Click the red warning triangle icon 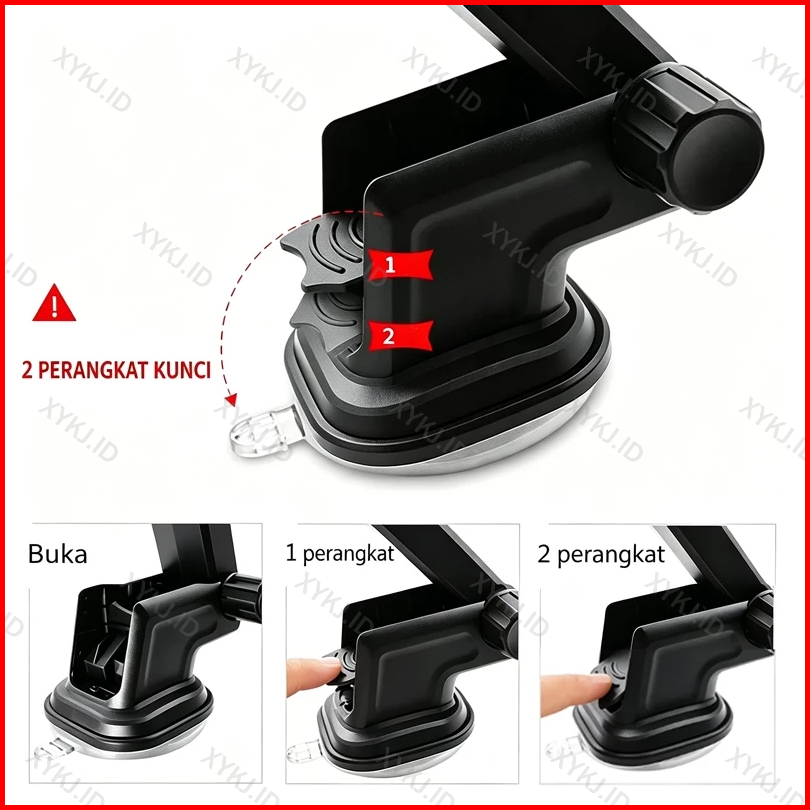tap(54, 304)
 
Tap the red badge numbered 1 tap(400, 264)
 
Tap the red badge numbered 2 tap(400, 336)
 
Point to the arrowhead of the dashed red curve tap(231, 399)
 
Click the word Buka tap(57, 554)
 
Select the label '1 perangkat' tap(340, 554)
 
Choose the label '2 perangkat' tap(601, 555)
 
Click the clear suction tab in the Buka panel tap(52, 749)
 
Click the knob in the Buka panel tap(243, 598)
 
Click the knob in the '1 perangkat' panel tap(501, 623)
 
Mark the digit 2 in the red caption tap(27, 370)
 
